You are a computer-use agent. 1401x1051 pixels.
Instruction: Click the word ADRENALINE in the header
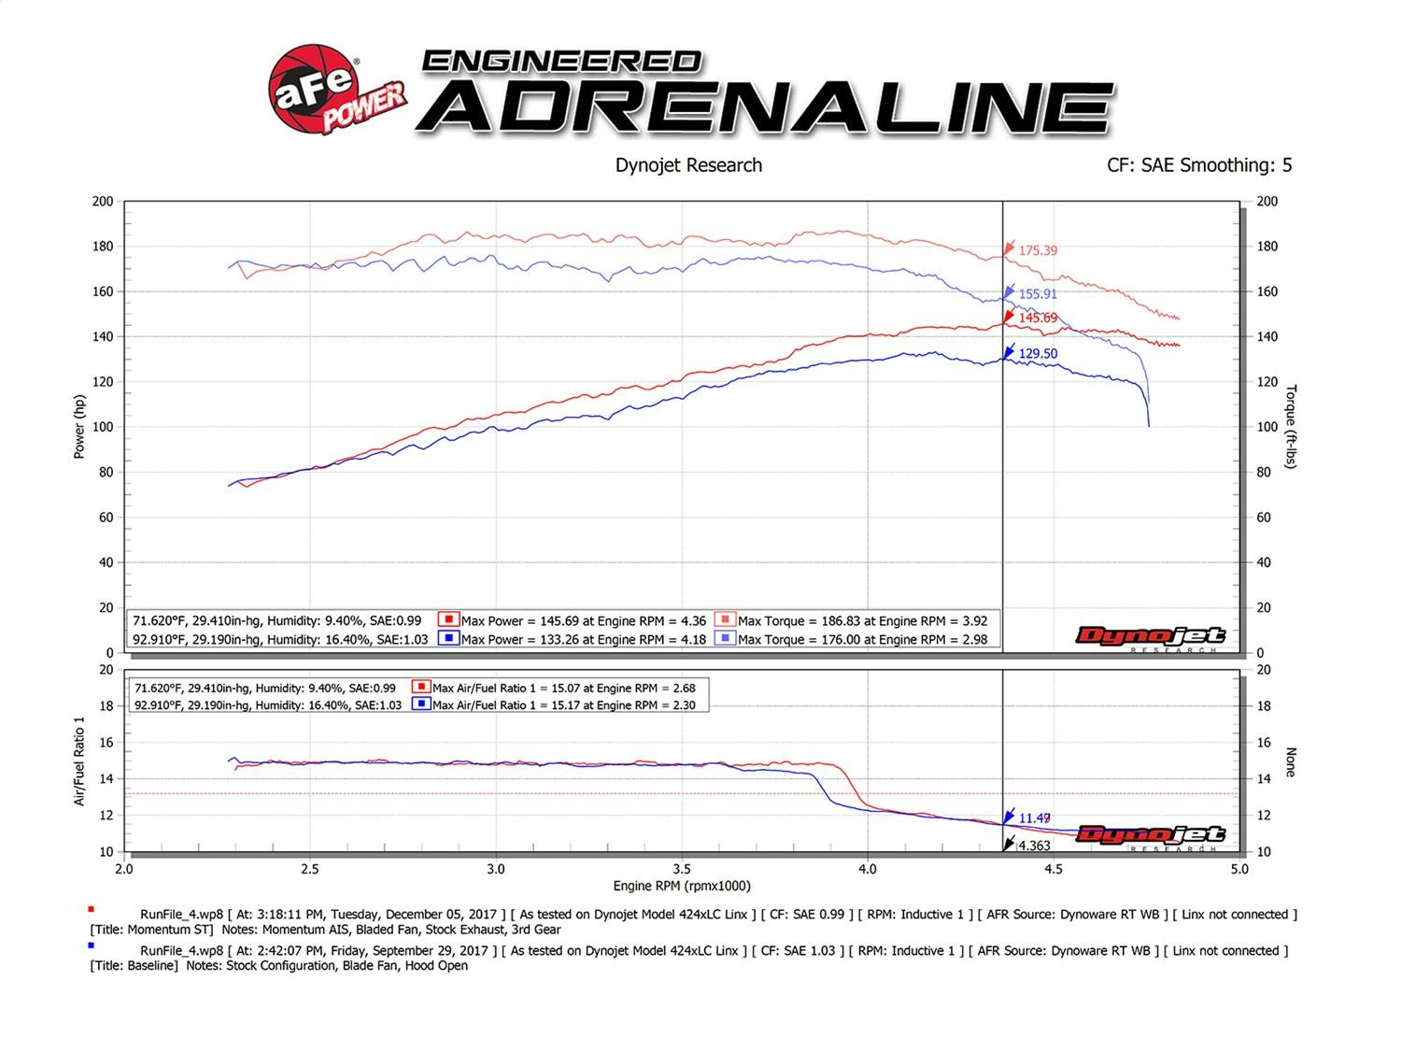click(766, 107)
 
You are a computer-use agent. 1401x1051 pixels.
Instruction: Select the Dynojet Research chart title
click(688, 165)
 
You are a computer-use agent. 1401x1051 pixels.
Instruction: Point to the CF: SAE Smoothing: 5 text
click(1199, 165)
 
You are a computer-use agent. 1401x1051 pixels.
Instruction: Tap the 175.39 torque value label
click(1038, 250)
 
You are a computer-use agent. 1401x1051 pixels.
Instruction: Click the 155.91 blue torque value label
click(1038, 294)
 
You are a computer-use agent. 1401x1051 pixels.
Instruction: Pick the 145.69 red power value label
click(1038, 319)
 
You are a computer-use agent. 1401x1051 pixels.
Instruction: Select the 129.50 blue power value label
click(1038, 354)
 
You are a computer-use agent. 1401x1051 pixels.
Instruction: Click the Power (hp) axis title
click(79, 426)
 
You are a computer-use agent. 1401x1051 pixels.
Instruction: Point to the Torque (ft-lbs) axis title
click(1291, 426)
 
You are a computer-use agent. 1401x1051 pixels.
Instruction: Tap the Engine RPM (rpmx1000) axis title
click(682, 886)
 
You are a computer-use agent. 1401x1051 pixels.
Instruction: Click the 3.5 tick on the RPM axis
click(682, 869)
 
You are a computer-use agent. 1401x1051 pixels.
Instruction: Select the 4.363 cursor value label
click(1034, 845)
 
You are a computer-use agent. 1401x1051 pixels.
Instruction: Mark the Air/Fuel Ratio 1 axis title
click(79, 760)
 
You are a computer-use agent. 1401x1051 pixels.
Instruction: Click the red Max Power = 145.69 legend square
click(448, 620)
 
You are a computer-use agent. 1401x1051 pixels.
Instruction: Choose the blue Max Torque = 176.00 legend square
click(725, 639)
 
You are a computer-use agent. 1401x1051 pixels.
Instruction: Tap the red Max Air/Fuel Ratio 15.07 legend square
click(420, 688)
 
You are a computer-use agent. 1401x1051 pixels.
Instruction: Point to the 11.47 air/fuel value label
click(1034, 818)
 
